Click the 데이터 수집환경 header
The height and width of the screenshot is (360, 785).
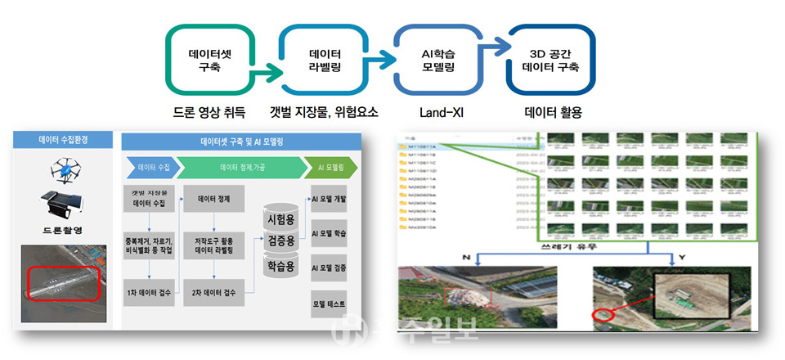pyautogui.click(x=63, y=140)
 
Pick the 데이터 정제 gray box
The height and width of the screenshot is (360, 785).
pyautogui.click(x=214, y=198)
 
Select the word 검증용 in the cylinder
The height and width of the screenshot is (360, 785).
pyautogui.click(x=281, y=241)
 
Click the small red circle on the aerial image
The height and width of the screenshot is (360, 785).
pyautogui.click(x=603, y=315)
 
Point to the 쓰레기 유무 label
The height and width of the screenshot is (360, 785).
pyautogui.click(x=563, y=245)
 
